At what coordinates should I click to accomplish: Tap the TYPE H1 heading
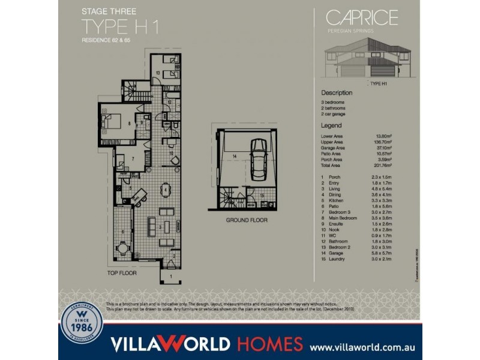coord(121,27)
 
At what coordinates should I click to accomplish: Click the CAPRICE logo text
coord(361,18)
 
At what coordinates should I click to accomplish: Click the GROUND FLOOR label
coord(247,220)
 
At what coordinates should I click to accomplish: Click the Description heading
coord(337,93)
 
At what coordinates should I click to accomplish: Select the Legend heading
coord(331,126)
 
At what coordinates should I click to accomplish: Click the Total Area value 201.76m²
coord(383,165)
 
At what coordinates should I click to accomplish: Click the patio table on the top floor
coord(122,247)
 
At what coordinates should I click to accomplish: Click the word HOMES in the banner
coord(269,344)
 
